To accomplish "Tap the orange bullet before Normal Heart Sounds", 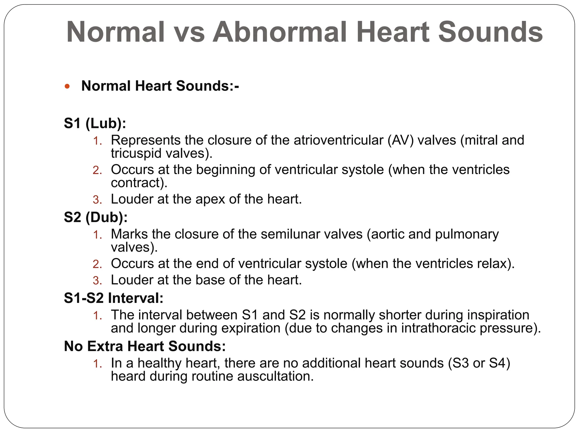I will (67, 86).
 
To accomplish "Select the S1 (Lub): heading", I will (95, 123).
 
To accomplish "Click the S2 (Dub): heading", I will (96, 217).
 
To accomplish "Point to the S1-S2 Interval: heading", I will (114, 298).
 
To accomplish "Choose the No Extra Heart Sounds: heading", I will (145, 346).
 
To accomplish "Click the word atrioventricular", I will (338, 140).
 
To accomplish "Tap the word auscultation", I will (275, 376).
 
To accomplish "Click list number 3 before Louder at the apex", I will (97, 200).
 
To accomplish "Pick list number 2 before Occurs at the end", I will (97, 264).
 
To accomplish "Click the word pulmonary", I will (467, 234).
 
